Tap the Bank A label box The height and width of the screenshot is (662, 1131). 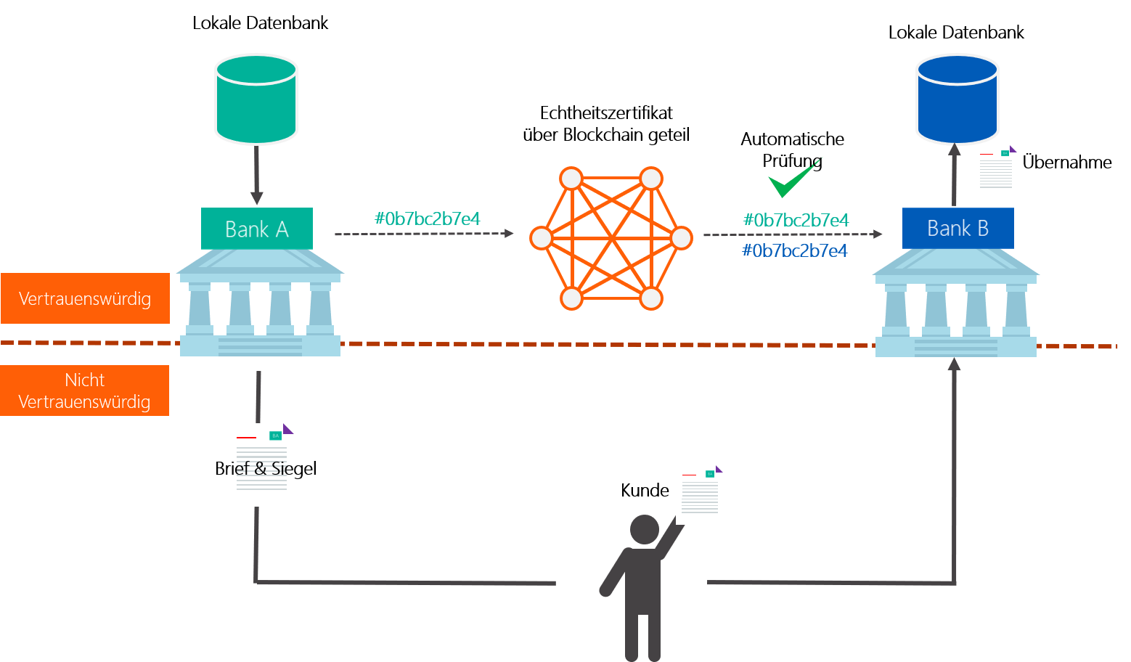coord(257,229)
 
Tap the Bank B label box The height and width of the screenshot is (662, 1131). coord(958,229)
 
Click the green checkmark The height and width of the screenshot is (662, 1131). coord(792,179)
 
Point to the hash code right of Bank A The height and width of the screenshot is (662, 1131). coord(427,218)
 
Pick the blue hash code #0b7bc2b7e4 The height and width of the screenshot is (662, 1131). coord(794,250)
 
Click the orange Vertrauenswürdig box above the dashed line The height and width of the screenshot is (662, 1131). coord(85,298)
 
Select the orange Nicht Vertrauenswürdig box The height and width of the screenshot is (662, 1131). coord(84,391)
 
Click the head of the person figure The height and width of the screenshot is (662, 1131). coord(644,529)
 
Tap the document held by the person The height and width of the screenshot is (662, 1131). coord(699,494)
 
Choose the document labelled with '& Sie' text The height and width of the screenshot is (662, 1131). coord(261,465)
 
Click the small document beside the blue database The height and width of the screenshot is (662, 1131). coord(995,172)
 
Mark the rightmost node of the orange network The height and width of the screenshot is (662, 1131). coord(682,238)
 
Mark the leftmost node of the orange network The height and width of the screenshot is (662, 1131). coord(541,238)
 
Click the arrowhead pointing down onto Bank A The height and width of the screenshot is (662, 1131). coord(256,198)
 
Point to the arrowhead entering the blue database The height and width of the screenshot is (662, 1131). coord(954,150)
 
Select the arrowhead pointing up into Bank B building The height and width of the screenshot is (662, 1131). coord(954,364)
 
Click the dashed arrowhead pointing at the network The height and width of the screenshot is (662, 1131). coord(509,234)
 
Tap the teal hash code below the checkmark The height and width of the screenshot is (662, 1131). coord(796,220)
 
